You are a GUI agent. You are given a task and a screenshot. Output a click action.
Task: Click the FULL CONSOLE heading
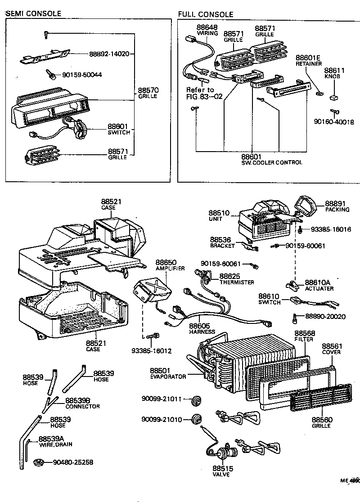pos(206,14)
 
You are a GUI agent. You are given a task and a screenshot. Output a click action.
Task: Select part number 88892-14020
pos(109,54)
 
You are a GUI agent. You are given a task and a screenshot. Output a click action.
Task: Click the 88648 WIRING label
pos(207,30)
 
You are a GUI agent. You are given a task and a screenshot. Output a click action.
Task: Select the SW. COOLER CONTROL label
pos(271,162)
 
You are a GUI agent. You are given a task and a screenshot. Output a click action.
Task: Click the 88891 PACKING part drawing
pos(309,208)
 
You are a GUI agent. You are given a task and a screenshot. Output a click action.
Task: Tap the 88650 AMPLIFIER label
pos(166,264)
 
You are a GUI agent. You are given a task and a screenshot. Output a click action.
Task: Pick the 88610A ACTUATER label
pos(318,285)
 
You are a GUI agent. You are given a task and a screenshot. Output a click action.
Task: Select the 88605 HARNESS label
pos(202,328)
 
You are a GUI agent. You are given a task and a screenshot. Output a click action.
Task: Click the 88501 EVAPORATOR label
pos(168,373)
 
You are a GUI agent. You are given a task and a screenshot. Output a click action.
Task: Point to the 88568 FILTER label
pos(304,336)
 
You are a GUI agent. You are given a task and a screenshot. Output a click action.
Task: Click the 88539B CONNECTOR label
pos(82,403)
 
